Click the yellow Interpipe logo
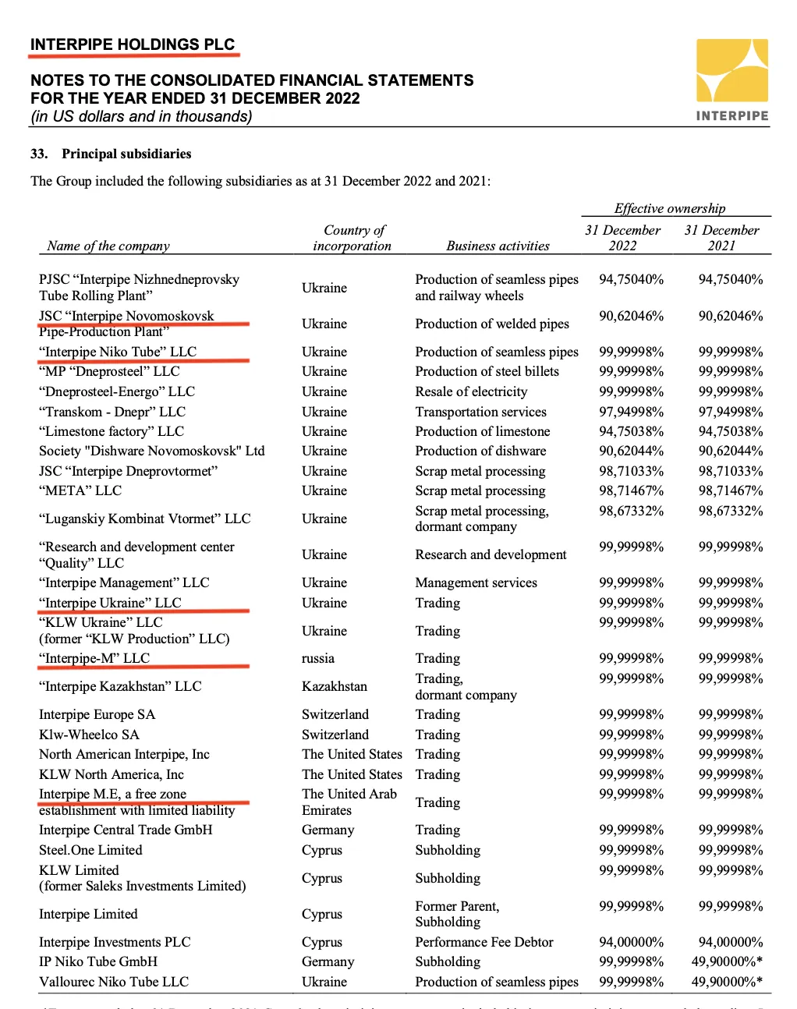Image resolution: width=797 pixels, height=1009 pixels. point(731,71)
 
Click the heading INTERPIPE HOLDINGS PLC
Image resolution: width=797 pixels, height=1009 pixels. point(133,44)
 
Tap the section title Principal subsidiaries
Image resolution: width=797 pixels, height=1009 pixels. point(126,154)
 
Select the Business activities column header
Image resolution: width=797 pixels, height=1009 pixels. point(498,246)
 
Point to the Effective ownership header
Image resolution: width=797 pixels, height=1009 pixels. point(669,208)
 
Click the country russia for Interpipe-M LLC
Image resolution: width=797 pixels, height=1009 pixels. point(318,658)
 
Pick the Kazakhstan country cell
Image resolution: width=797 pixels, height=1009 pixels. point(335,686)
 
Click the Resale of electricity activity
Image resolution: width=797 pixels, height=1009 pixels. point(471,391)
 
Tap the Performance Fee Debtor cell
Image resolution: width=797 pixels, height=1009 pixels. point(484,942)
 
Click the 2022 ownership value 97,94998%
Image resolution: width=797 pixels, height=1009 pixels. point(631,412)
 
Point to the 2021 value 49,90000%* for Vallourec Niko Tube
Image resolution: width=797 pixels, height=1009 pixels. point(727,982)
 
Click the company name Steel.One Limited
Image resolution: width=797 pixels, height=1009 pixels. point(90,850)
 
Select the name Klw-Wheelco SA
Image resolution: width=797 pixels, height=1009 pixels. point(89,735)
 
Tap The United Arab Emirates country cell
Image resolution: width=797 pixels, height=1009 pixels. point(349,802)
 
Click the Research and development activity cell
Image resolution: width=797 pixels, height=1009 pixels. point(491,554)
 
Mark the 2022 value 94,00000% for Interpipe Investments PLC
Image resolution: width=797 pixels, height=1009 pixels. point(631,942)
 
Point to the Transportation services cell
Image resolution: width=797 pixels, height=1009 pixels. point(480,412)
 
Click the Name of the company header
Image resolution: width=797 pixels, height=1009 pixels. point(108,246)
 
